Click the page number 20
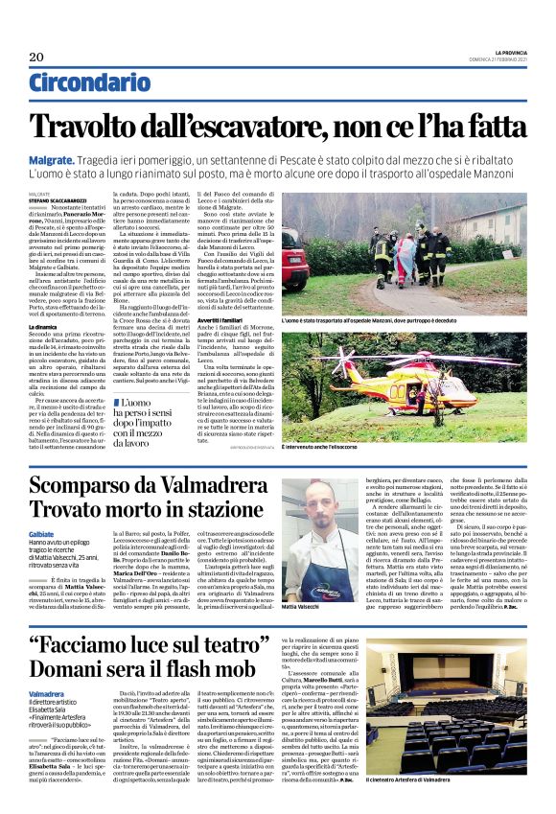pyautogui.click(x=36, y=58)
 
